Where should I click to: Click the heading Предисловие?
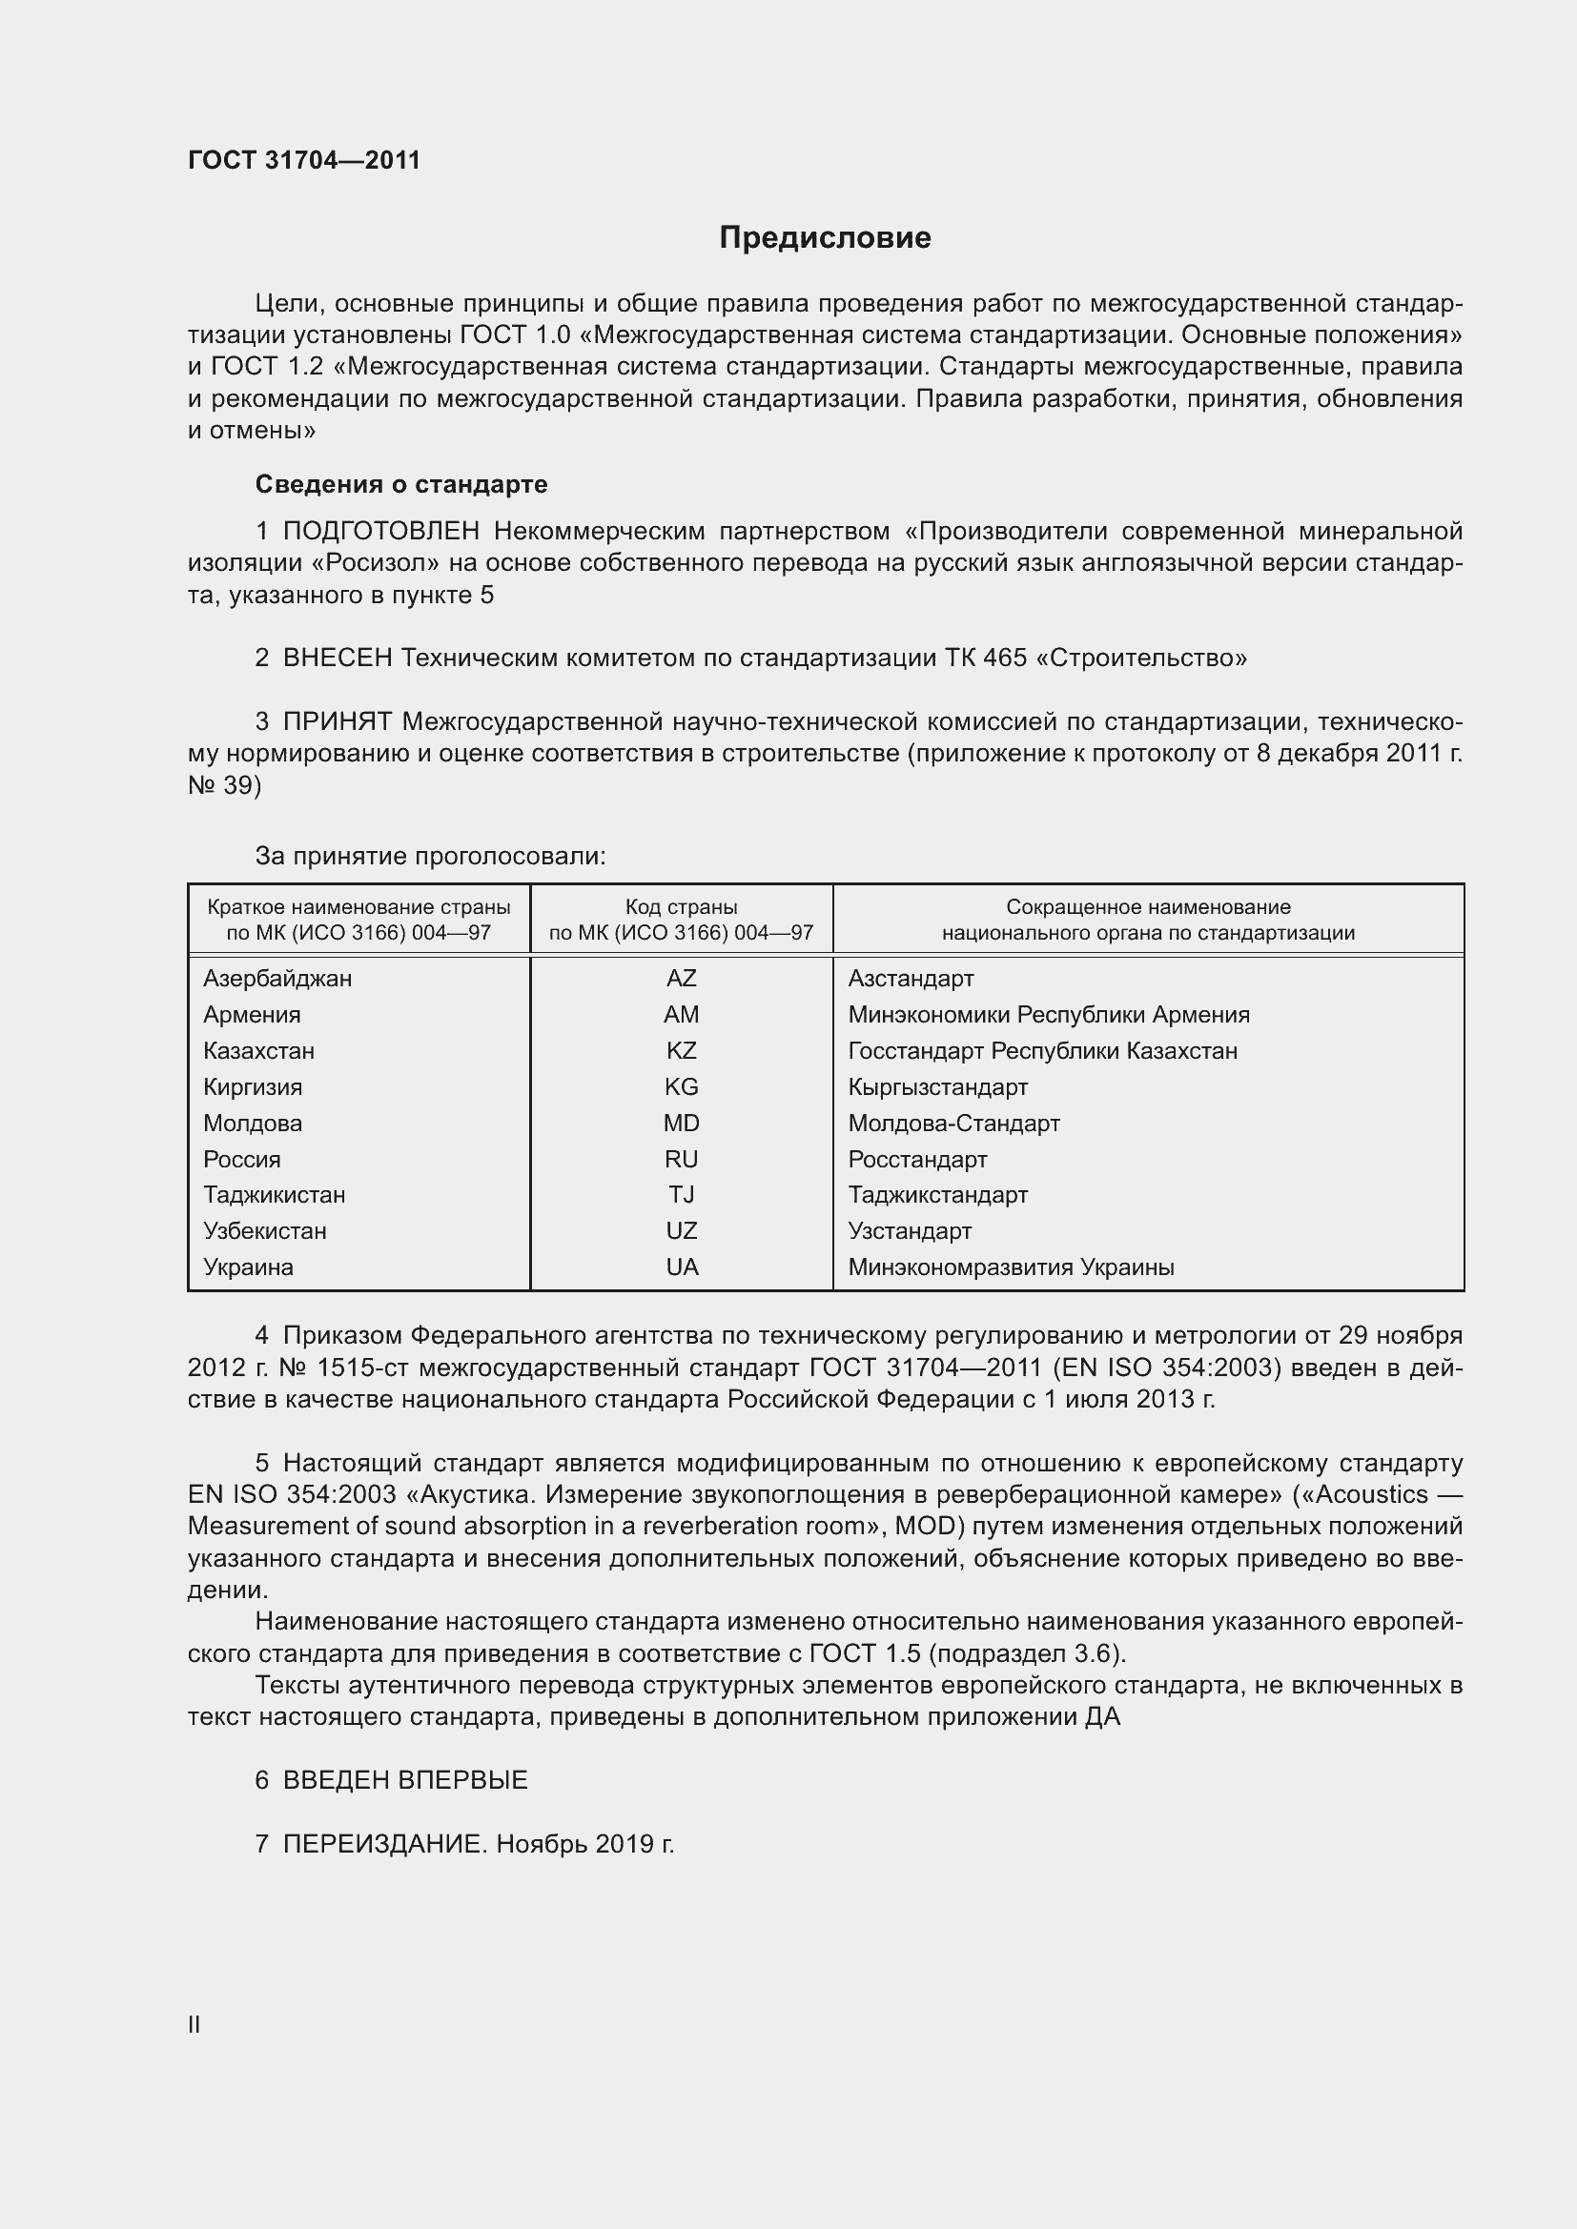click(825, 238)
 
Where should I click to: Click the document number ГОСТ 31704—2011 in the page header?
click(304, 160)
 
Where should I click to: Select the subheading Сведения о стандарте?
click(401, 483)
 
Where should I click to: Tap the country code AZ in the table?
click(681, 978)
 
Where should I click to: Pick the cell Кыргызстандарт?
click(937, 1086)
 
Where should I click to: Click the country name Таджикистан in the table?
click(274, 1194)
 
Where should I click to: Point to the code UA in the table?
click(682, 1266)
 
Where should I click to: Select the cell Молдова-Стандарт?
click(953, 1124)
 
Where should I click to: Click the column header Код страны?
click(681, 906)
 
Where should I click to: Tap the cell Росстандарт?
click(916, 1159)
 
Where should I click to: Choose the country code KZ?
click(681, 1050)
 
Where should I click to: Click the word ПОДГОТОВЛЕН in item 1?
click(380, 531)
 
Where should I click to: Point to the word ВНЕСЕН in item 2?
click(337, 659)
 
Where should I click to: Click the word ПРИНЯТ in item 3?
click(337, 721)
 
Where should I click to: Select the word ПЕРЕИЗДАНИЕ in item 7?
click(382, 1844)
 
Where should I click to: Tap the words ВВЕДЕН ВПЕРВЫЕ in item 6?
click(405, 1779)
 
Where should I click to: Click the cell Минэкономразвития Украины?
click(1011, 1266)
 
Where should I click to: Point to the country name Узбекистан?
click(264, 1231)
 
